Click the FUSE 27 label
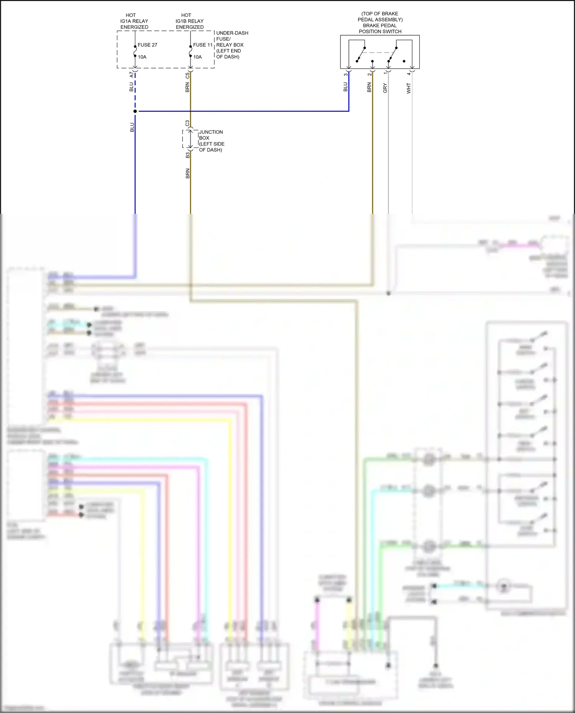coord(147,45)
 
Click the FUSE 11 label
coord(202,45)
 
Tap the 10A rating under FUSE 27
coord(142,57)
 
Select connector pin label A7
coord(131,74)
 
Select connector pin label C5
coord(187,75)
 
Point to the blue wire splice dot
coord(135,111)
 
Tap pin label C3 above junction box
coord(187,123)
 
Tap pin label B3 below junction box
coord(187,155)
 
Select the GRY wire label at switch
coord(385,88)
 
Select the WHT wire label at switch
coord(409,88)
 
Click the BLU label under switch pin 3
coord(345,87)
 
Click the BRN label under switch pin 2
coord(369,87)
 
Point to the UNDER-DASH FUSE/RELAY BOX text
coord(232,45)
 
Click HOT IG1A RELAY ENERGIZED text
coord(134,21)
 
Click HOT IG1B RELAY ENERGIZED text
coord(189,21)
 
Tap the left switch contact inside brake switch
coord(360,54)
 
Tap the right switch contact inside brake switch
coord(392,54)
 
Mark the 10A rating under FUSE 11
coord(197,57)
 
